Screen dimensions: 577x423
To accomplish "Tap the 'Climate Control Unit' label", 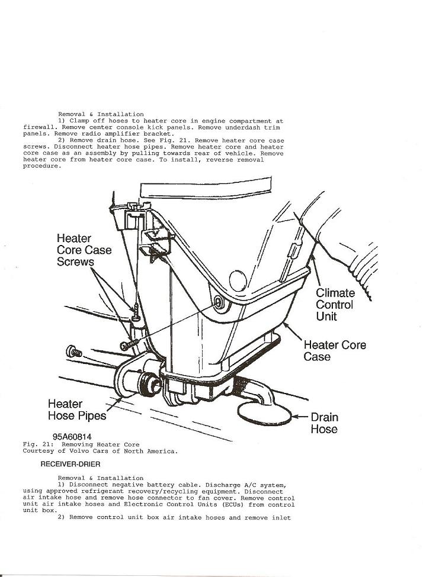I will point(335,304).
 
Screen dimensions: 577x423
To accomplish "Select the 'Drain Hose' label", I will point(324,423).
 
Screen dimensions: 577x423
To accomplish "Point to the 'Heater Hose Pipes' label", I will point(76,410).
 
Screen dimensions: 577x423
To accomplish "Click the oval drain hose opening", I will point(265,412).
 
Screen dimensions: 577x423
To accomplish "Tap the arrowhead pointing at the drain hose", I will point(299,417).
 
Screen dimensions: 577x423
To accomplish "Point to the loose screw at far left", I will point(75,351).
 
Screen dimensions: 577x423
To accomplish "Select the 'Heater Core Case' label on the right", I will point(335,350).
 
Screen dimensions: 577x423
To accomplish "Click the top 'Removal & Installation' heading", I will point(101,114).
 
